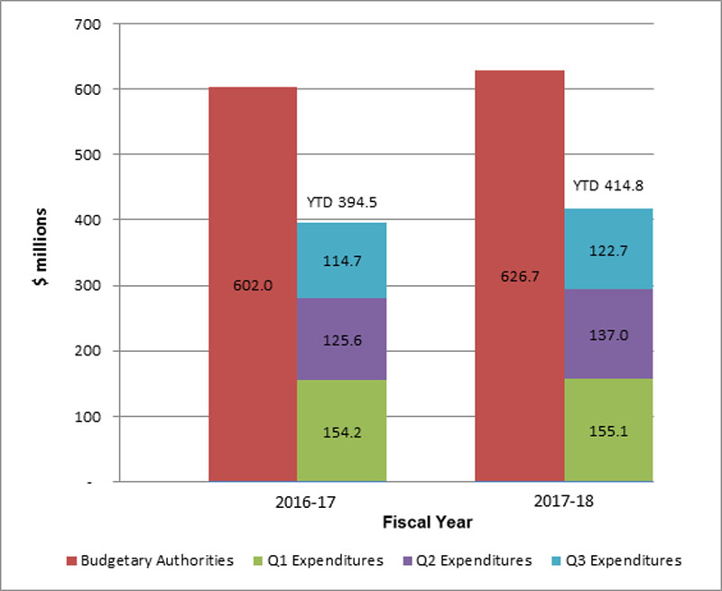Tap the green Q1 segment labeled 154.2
[x=341, y=430]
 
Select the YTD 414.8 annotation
[x=608, y=187]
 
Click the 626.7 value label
[x=519, y=276]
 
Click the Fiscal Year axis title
[x=427, y=522]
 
